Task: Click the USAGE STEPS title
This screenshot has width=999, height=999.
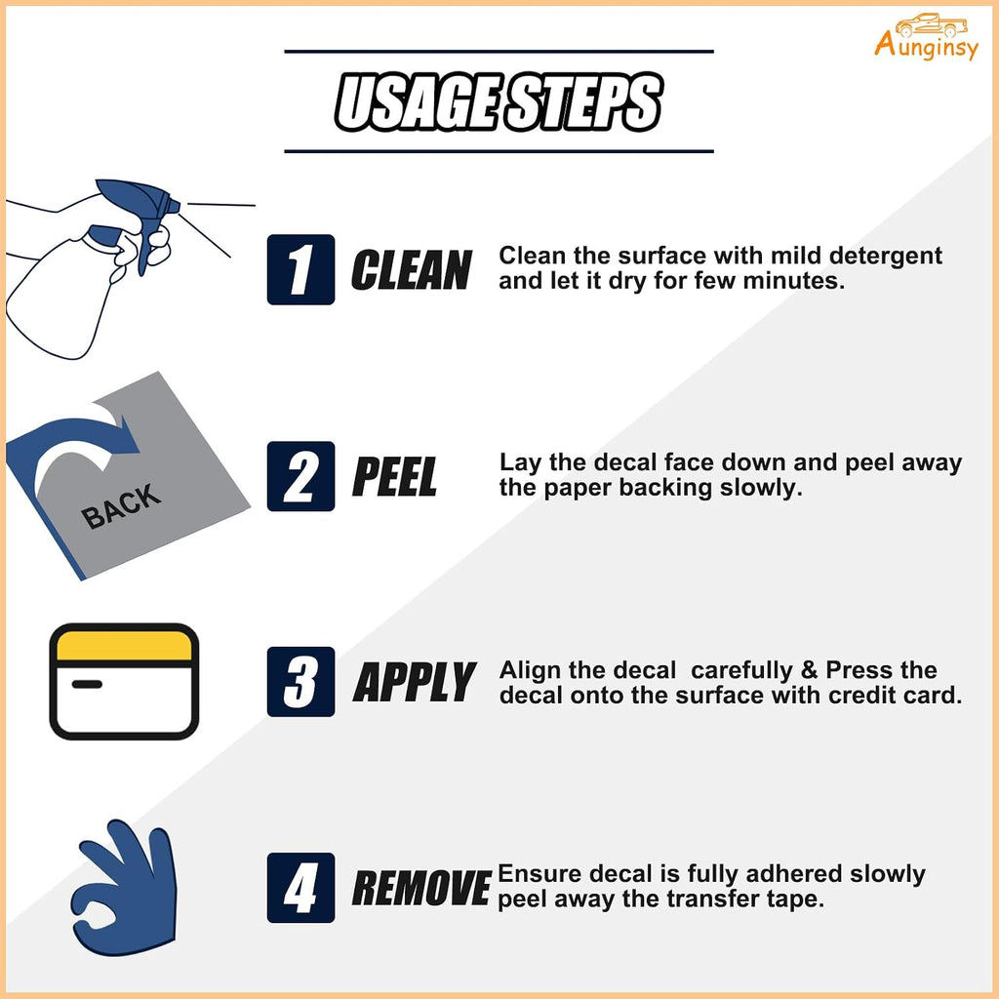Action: coord(499,101)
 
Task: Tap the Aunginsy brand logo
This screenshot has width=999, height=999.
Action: coord(927,37)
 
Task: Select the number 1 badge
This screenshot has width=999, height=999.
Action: coord(300,269)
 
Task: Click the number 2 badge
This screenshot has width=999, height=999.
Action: coord(300,476)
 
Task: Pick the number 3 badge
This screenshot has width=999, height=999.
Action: coord(300,682)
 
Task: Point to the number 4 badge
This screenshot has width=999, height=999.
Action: coord(300,888)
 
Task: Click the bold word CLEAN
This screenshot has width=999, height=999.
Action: coord(412,269)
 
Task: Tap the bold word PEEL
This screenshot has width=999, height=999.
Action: coord(395,476)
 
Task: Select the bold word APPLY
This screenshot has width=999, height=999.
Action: coord(415,682)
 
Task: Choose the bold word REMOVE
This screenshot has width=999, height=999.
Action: coord(421,888)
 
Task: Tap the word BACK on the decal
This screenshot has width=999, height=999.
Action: coord(121,506)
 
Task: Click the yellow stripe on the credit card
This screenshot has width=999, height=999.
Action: coord(124,646)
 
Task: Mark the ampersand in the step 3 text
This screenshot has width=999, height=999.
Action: coord(809,669)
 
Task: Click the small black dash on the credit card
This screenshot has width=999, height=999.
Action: coord(87,684)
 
